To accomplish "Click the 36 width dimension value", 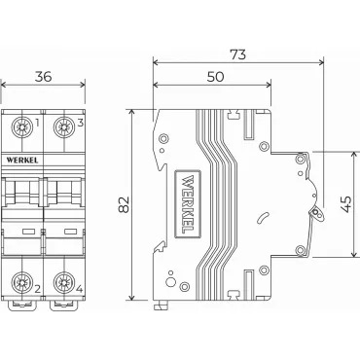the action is click(x=44, y=77).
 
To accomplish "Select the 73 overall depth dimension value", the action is click(x=238, y=54).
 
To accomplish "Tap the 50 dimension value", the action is click(x=216, y=77).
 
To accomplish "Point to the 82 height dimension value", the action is click(x=124, y=204).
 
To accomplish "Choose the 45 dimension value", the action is click(x=346, y=204).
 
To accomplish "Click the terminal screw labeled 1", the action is click(x=22, y=126).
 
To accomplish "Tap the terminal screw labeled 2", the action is click(x=22, y=282).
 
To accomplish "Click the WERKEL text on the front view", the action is click(x=22, y=161).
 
